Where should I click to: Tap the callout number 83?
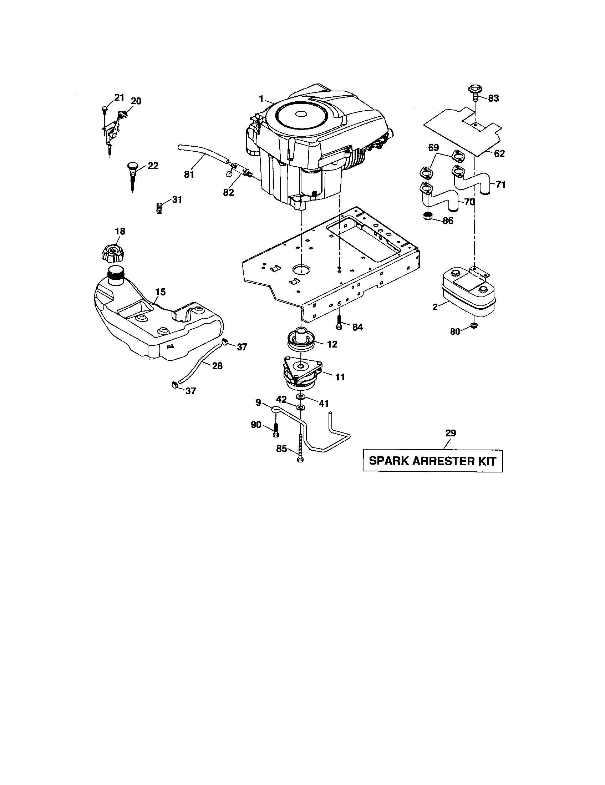coord(493,98)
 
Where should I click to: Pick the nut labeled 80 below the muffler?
coord(474,326)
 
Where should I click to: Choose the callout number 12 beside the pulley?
coord(332,344)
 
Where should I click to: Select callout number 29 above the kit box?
coord(451,433)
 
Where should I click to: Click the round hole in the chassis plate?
coord(301,268)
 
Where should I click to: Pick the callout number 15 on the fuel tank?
coord(160,292)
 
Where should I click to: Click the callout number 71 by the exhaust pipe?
coord(500,185)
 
